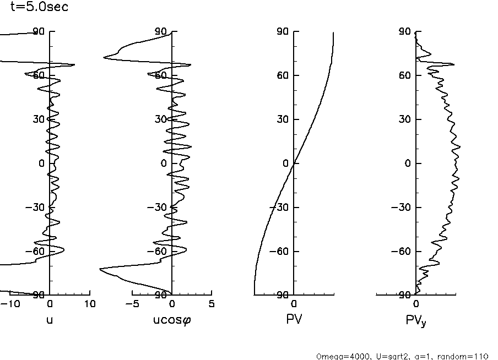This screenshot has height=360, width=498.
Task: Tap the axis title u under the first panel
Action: (x=50, y=319)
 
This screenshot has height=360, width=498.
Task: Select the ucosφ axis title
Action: (x=171, y=319)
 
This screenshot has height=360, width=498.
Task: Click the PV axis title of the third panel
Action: (x=294, y=319)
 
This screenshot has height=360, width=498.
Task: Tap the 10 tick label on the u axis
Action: (x=90, y=304)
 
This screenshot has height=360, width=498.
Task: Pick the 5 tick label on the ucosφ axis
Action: (x=212, y=304)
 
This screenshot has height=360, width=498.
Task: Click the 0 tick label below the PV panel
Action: (x=294, y=304)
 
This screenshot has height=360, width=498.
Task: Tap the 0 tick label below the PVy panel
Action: (x=416, y=304)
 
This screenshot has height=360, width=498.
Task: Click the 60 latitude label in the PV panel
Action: (x=283, y=75)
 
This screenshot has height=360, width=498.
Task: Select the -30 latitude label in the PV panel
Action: (x=280, y=208)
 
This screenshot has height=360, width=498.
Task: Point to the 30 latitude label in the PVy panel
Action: (x=405, y=119)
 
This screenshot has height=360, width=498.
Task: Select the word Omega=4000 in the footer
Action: (x=337, y=356)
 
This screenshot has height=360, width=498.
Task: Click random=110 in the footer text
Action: (x=467, y=356)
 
